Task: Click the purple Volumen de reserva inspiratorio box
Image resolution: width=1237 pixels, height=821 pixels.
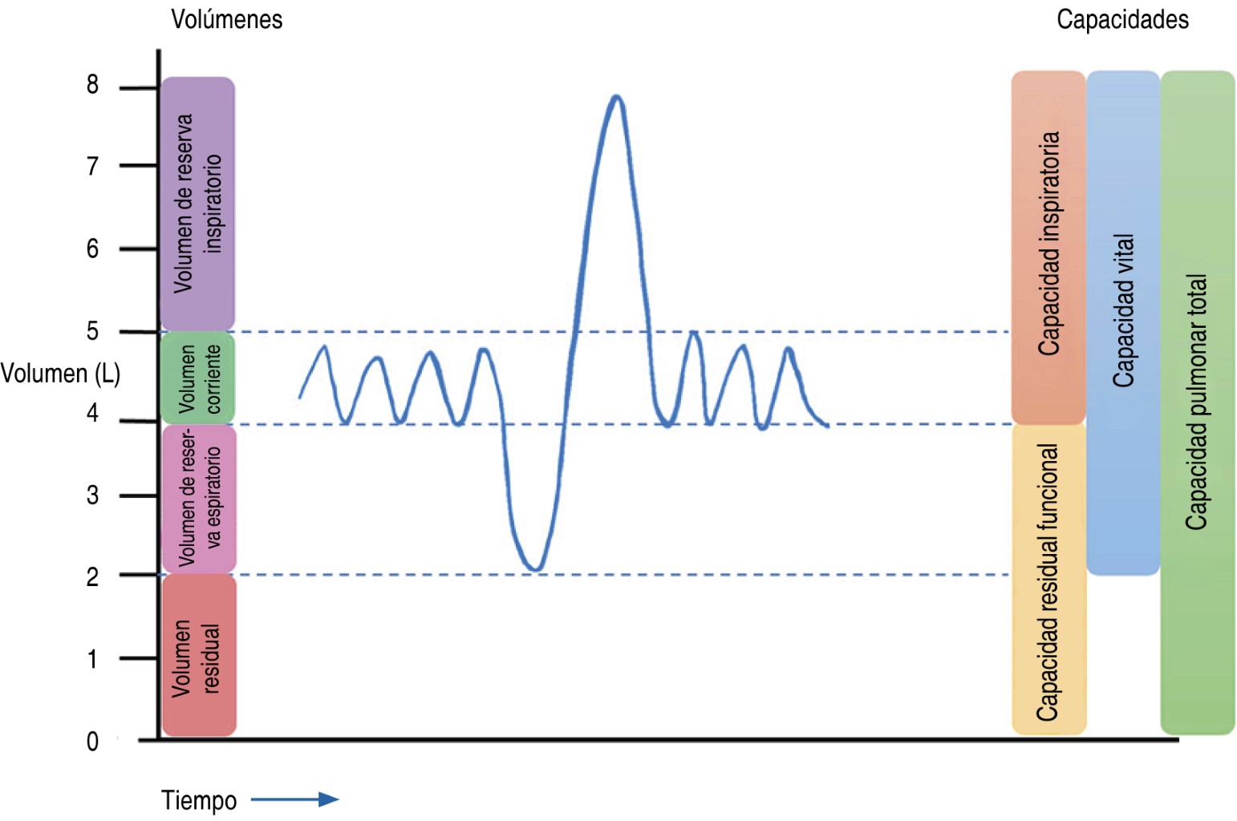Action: [197, 204]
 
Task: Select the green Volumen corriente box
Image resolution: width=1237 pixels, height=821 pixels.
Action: [197, 378]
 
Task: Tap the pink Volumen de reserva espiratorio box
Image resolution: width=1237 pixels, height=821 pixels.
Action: [199, 499]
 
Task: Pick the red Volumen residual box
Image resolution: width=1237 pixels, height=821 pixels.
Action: [199, 655]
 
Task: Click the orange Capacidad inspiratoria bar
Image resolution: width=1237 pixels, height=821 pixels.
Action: [1048, 247]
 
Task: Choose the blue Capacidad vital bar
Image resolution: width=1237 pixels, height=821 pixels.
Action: [1123, 323]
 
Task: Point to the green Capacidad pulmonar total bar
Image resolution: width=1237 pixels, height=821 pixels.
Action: [1197, 402]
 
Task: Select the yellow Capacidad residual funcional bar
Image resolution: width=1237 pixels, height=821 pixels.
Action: [1049, 580]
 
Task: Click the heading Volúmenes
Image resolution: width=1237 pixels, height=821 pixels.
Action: [226, 20]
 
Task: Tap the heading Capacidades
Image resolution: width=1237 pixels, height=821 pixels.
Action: [1123, 20]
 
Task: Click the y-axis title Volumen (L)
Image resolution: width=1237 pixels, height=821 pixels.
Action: [60, 374]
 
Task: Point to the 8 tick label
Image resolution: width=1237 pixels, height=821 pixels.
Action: [92, 84]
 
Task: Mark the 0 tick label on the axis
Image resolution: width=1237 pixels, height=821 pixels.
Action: [92, 742]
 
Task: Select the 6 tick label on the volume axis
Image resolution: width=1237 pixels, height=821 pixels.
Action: [92, 249]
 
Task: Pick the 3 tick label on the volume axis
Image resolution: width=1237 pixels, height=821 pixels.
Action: [92, 495]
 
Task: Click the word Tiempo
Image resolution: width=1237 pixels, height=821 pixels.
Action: [199, 801]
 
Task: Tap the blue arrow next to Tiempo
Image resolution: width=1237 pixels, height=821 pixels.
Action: [295, 799]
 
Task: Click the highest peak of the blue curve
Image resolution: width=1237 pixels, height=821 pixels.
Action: [616, 96]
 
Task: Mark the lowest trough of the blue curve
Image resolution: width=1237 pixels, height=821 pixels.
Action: [535, 569]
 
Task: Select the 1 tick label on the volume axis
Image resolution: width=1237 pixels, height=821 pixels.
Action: [92, 659]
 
